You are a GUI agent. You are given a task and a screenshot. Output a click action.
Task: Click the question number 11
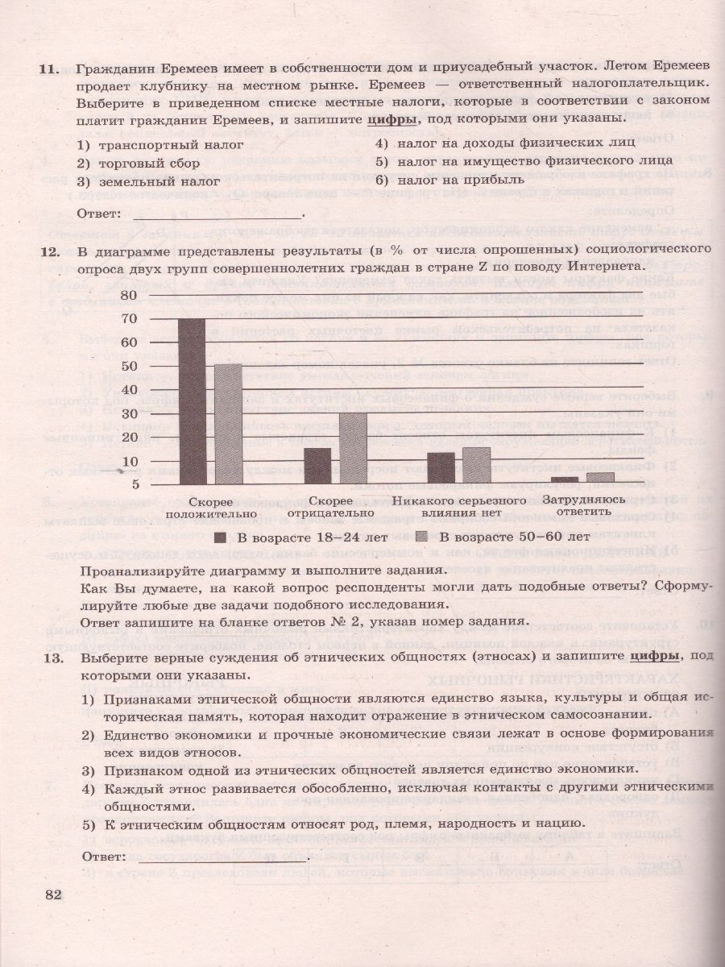(x=49, y=70)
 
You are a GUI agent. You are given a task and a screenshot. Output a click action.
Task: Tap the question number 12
(x=49, y=251)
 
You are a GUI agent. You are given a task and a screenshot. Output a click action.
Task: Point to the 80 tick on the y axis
(x=152, y=295)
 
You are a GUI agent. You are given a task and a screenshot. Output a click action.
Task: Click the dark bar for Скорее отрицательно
(x=317, y=465)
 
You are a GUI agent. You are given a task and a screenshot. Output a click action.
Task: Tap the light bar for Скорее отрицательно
(x=353, y=447)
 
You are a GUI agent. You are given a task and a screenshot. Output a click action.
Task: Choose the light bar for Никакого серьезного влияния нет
(x=477, y=465)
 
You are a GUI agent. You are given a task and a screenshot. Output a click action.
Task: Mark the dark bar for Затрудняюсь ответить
(x=565, y=479)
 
